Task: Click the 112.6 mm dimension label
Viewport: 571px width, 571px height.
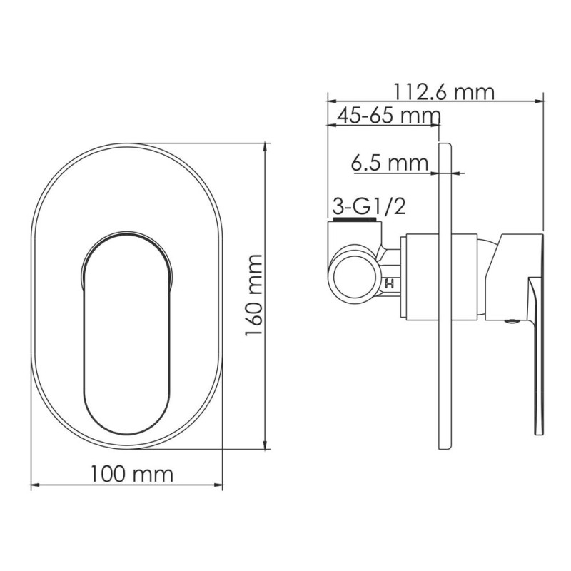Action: point(444,92)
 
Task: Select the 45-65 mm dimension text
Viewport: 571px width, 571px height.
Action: point(388,116)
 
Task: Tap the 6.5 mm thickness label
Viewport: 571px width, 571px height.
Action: point(389,163)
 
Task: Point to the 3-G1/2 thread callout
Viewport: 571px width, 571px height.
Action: point(369,207)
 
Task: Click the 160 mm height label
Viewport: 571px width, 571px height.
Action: point(254,295)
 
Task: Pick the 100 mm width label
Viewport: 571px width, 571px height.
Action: point(131,474)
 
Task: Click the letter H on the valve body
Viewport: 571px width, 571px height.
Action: point(389,283)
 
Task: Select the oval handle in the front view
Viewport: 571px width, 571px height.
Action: point(127,333)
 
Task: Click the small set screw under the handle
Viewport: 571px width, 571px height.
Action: point(512,322)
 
